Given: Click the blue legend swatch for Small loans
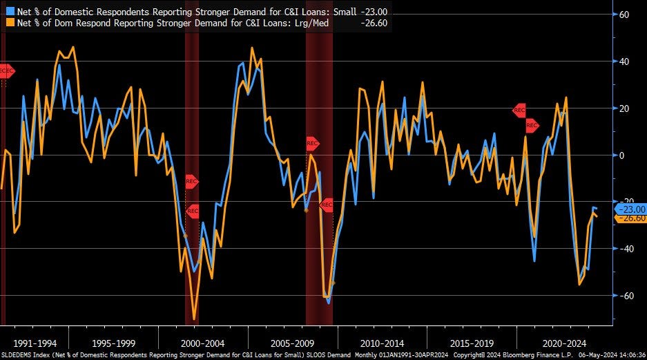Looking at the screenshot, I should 6,10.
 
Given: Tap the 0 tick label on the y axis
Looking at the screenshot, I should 621,155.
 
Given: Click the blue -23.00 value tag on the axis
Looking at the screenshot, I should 630,209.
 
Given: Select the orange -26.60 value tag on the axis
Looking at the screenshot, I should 630,218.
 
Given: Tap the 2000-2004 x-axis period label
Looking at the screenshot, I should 203,342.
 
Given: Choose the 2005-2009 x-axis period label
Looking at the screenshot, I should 293,342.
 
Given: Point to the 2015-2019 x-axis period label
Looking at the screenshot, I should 472,342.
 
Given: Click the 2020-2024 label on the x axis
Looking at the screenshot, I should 561,342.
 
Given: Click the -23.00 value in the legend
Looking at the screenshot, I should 374,10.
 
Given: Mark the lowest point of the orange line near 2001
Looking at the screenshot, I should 194,319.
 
